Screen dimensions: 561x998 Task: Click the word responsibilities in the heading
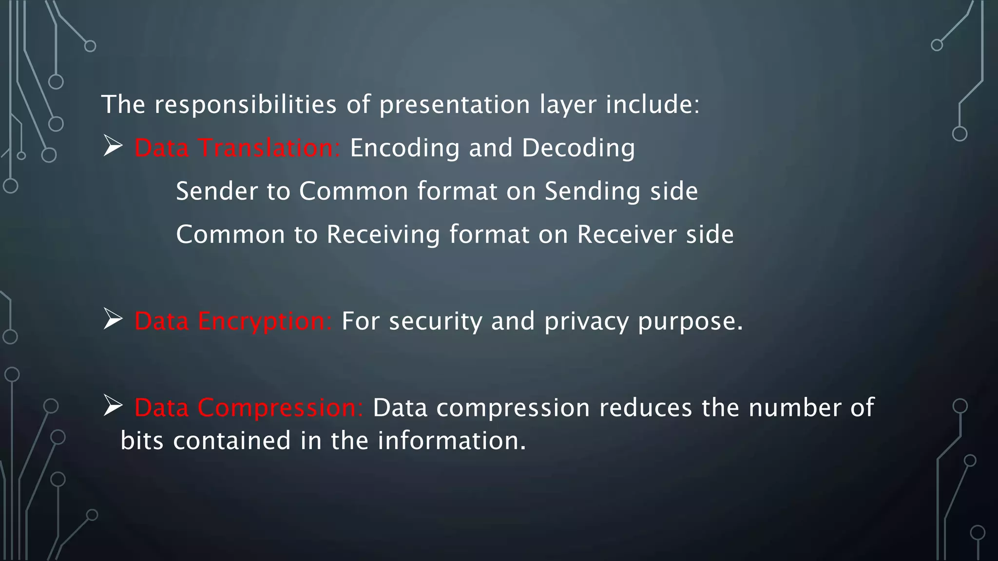pos(245,105)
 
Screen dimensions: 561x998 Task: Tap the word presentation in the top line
pos(455,105)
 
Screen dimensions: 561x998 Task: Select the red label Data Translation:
pos(237,148)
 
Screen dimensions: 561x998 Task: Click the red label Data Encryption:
pos(233,321)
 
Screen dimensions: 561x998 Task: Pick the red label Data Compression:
pos(249,408)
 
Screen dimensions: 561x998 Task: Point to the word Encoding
pos(404,148)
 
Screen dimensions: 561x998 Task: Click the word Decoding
pos(578,148)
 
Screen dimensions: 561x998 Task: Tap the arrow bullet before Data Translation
pos(113,146)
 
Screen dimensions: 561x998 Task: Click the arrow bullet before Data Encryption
pos(113,319)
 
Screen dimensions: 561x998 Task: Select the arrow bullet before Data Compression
pos(113,406)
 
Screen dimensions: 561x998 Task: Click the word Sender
pos(216,191)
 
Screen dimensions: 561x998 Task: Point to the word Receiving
pos(383,235)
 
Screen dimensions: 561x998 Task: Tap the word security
pos(435,321)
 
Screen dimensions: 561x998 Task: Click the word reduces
pos(645,408)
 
